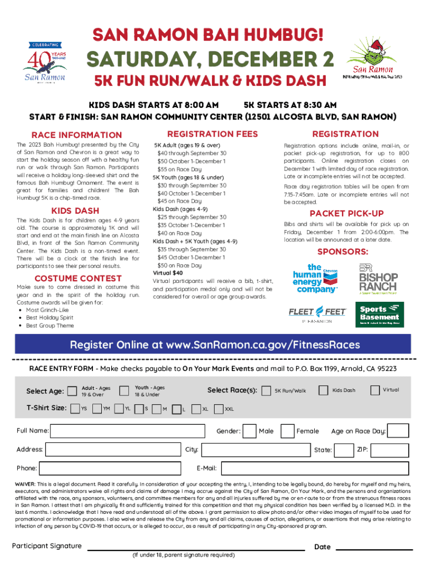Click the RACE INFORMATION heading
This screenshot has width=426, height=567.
pos(77,135)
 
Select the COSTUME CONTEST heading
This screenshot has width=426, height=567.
pos(78,278)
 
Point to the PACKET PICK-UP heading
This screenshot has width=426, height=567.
pos(359,213)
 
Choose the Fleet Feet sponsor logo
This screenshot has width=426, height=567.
pos(318,314)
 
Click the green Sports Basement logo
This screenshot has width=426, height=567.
pos(380,314)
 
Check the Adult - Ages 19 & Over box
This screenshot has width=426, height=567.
pos(72,391)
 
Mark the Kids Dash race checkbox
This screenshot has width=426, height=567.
pos(324,390)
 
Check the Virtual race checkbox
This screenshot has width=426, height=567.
pos(374,390)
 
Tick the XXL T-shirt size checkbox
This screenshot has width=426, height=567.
pos(217,409)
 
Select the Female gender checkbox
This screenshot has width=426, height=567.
pos(287,431)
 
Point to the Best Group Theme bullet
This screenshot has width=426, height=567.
pos(50,326)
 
